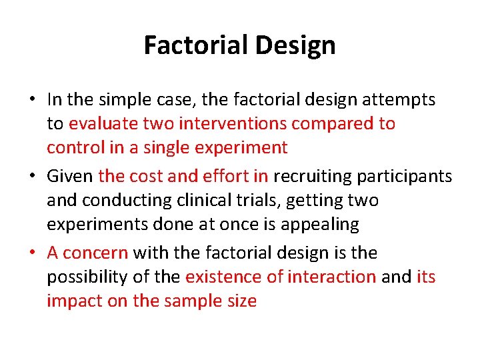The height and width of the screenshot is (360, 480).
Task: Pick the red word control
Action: pyautogui.click(x=73, y=147)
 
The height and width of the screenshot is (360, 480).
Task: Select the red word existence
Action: pyautogui.click(x=220, y=277)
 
